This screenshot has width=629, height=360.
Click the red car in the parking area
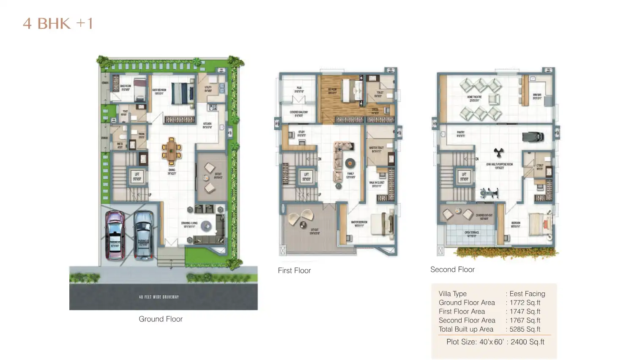115,235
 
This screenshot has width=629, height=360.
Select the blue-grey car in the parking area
143,235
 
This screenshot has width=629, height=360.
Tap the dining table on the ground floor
172,151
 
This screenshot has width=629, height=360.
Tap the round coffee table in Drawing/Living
206,226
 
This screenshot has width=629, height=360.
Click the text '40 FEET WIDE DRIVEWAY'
159,297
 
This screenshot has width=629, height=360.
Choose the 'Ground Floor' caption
161,319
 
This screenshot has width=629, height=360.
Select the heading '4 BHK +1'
58,24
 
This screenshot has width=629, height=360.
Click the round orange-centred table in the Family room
350,163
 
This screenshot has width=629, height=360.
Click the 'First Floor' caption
294,270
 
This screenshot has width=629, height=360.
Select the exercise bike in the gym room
489,193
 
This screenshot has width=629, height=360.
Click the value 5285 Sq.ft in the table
525,329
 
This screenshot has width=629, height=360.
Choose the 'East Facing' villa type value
527,294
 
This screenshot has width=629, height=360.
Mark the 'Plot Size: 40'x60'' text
475,342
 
